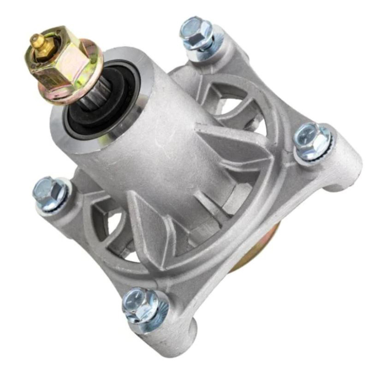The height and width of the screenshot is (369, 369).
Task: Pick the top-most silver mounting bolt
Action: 197,34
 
